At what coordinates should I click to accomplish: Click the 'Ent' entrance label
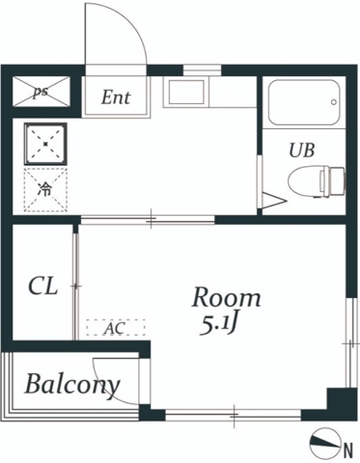pos(116,97)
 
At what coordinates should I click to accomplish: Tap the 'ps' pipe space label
pos(41,92)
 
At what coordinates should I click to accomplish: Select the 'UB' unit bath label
pos(302,150)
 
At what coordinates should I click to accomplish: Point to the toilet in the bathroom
pos(317,181)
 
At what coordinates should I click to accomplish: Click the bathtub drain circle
pos(334,102)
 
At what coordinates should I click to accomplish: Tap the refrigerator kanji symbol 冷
pos(44,189)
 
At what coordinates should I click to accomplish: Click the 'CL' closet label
pos(43,286)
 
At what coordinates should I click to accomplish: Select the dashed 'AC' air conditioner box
pos(116,327)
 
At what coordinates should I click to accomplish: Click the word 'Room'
pos(226,297)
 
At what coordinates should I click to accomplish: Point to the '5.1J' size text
pos(219,326)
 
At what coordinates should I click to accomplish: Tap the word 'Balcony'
pos(72,385)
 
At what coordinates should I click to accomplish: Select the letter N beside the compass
pos(348,450)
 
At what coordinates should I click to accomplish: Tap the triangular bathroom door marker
pos(274,201)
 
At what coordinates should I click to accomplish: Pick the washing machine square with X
pos(45,144)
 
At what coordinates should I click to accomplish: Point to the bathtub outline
pos(304,102)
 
